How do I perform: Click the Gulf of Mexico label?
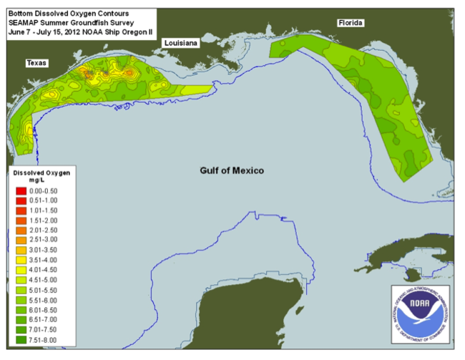tap(231, 170)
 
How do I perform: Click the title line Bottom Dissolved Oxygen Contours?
tap(59, 13)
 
